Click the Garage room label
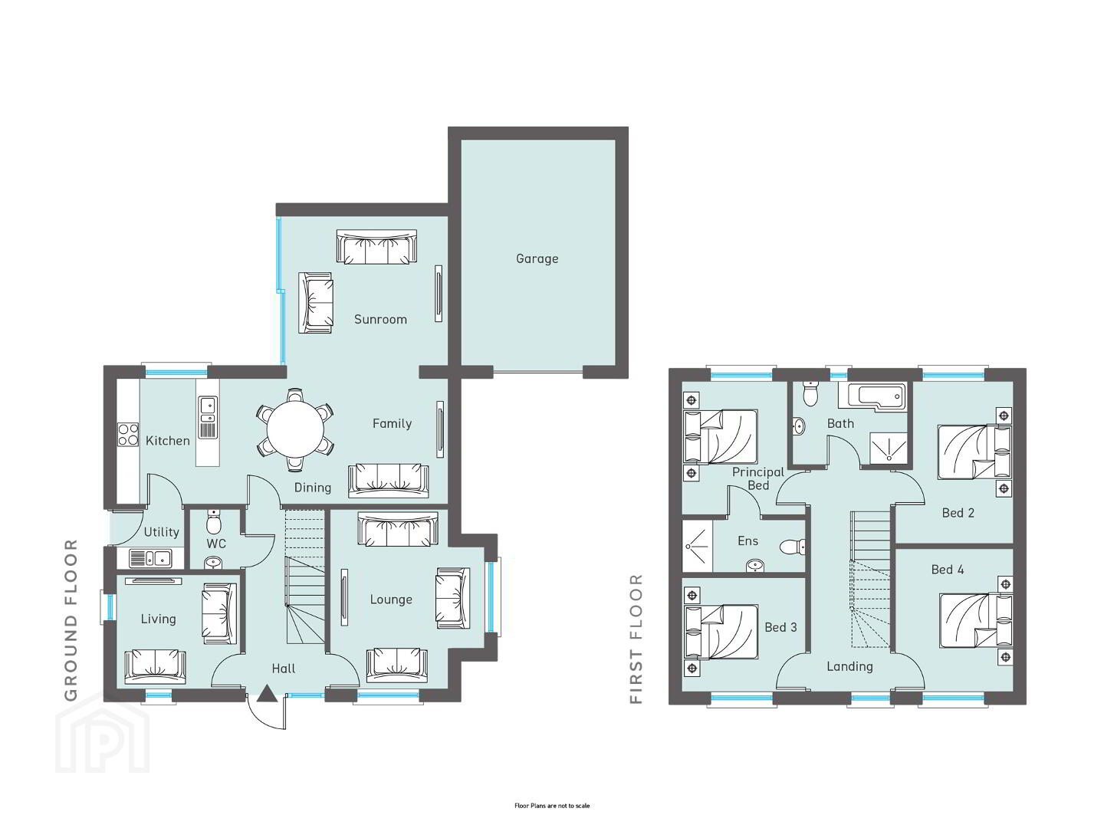click(537, 258)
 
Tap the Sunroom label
click(380, 319)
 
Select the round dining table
click(295, 429)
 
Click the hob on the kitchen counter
click(128, 435)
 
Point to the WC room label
click(216, 544)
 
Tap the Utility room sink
click(150, 559)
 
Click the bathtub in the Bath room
click(872, 395)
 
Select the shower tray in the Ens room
click(697, 546)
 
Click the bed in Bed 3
click(721, 632)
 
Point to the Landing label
click(849, 667)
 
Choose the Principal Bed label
click(758, 478)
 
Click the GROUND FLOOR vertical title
click(71, 620)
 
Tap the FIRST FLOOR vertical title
click(636, 639)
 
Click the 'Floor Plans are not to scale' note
click(552, 806)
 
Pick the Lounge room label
click(391, 600)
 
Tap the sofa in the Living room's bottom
click(155, 666)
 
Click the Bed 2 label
click(958, 513)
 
